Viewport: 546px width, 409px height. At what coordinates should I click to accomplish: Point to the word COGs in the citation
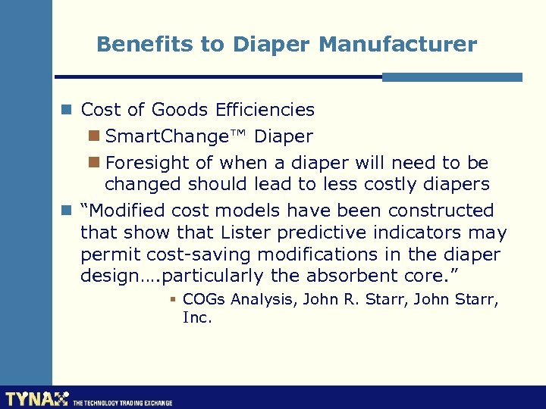(204, 300)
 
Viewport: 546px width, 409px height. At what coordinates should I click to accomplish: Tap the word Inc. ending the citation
(197, 318)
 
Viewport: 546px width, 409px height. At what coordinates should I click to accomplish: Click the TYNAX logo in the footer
(36, 398)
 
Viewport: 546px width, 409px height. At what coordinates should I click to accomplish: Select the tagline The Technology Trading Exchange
(122, 403)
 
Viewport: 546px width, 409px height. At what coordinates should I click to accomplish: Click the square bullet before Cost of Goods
(67, 110)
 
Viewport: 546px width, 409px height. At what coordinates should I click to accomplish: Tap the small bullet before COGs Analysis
(173, 300)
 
